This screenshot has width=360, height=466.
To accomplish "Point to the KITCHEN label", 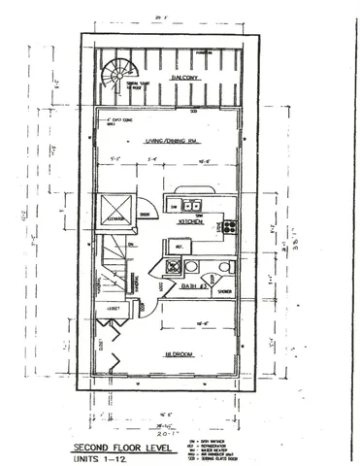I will click(x=189, y=222).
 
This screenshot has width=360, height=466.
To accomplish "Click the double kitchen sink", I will click(x=186, y=205).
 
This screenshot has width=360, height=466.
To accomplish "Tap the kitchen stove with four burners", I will click(x=229, y=226).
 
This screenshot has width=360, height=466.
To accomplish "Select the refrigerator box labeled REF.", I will click(x=176, y=247).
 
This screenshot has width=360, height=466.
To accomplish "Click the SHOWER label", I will click(x=225, y=290).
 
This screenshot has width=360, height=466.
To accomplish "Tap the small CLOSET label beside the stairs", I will click(x=114, y=303).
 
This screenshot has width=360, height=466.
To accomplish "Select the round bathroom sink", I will click(x=225, y=266).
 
